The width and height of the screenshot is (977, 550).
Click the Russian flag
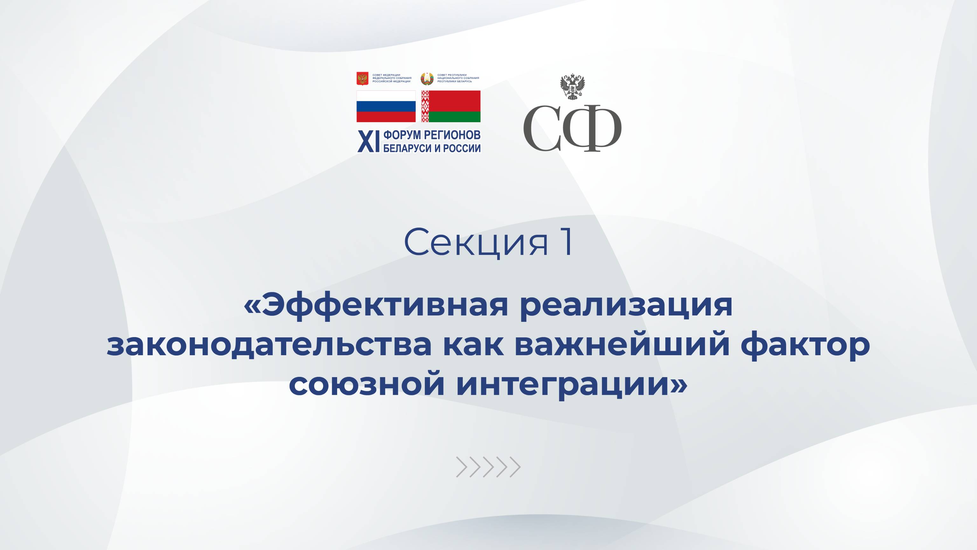[386, 106]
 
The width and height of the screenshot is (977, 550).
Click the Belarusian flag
[451, 106]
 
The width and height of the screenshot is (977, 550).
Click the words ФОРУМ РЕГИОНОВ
[432, 135]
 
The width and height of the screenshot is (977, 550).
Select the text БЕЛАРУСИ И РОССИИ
[432, 148]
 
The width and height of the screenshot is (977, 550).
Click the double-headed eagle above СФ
[572, 87]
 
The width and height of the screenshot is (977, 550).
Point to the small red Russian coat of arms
[363, 78]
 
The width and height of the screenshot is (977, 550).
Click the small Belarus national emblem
[427, 78]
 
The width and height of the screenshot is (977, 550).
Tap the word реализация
[626, 306]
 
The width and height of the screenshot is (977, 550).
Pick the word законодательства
[269, 345]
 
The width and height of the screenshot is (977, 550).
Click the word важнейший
[622, 345]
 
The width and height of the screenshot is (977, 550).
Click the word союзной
[366, 384]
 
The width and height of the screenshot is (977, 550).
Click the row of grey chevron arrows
[488, 467]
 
